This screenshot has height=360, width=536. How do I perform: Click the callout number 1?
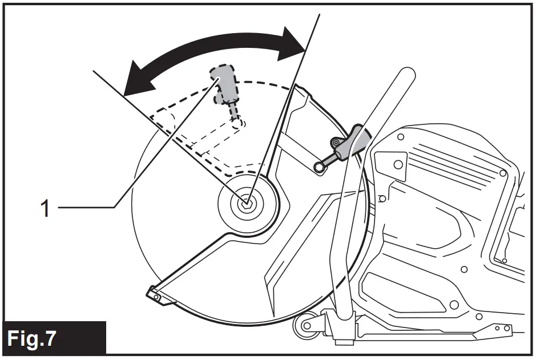45,208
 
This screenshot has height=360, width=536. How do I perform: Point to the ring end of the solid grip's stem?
319,166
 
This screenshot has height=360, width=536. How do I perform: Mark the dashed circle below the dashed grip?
237,122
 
